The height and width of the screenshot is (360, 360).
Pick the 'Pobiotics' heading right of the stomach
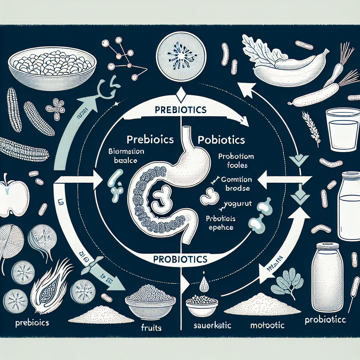tap(221, 140)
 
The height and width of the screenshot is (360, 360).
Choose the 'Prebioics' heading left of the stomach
tap(150, 139)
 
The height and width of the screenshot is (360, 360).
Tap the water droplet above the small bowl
tap(204, 285)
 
